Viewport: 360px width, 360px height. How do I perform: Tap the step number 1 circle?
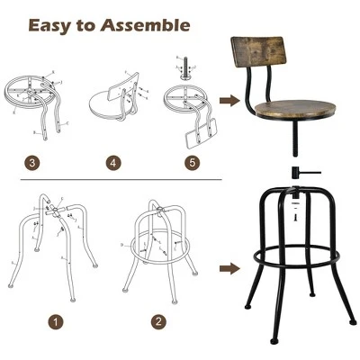(x=58, y=320)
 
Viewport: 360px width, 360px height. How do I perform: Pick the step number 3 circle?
(x=32, y=163)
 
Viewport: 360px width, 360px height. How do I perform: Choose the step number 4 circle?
(x=113, y=163)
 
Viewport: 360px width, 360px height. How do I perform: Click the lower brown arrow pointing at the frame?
(x=231, y=268)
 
